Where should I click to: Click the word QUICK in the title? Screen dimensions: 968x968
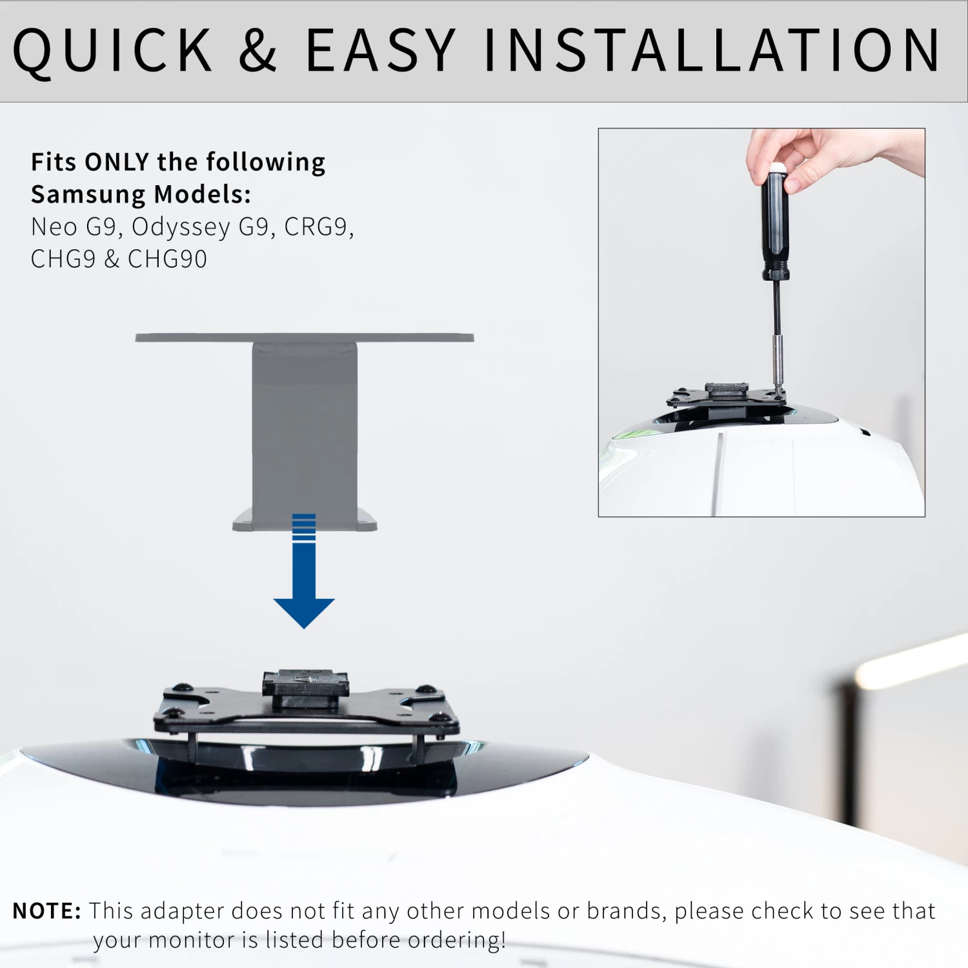coord(112,51)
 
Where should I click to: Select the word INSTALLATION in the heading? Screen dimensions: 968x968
coord(712,50)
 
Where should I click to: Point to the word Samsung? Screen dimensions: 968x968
coord(88,194)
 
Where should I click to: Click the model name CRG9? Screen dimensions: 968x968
coord(319,227)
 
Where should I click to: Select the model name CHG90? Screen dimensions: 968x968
coord(167,259)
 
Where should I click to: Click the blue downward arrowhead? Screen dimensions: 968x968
coord(304,613)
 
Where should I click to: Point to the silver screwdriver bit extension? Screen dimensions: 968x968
coord(778,361)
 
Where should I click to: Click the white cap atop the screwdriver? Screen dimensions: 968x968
coord(776,167)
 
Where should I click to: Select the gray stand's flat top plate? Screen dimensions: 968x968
coord(305,338)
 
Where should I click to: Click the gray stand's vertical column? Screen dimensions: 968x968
coord(304,426)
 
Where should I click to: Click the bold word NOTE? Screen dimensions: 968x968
coord(47,911)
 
